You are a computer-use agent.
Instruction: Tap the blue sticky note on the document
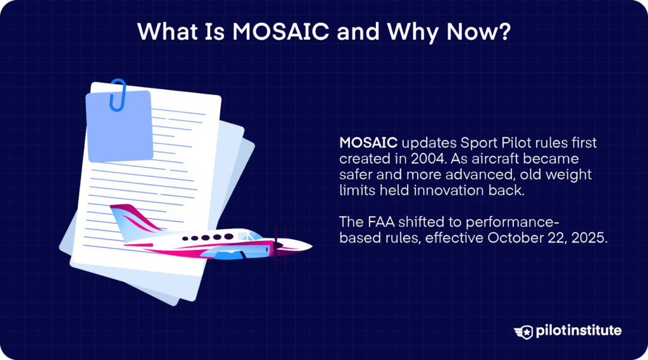pyautogui.click(x=120, y=127)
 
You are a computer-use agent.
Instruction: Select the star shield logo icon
pyautogui.click(x=523, y=331)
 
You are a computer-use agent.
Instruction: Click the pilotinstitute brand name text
pyautogui.click(x=578, y=331)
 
